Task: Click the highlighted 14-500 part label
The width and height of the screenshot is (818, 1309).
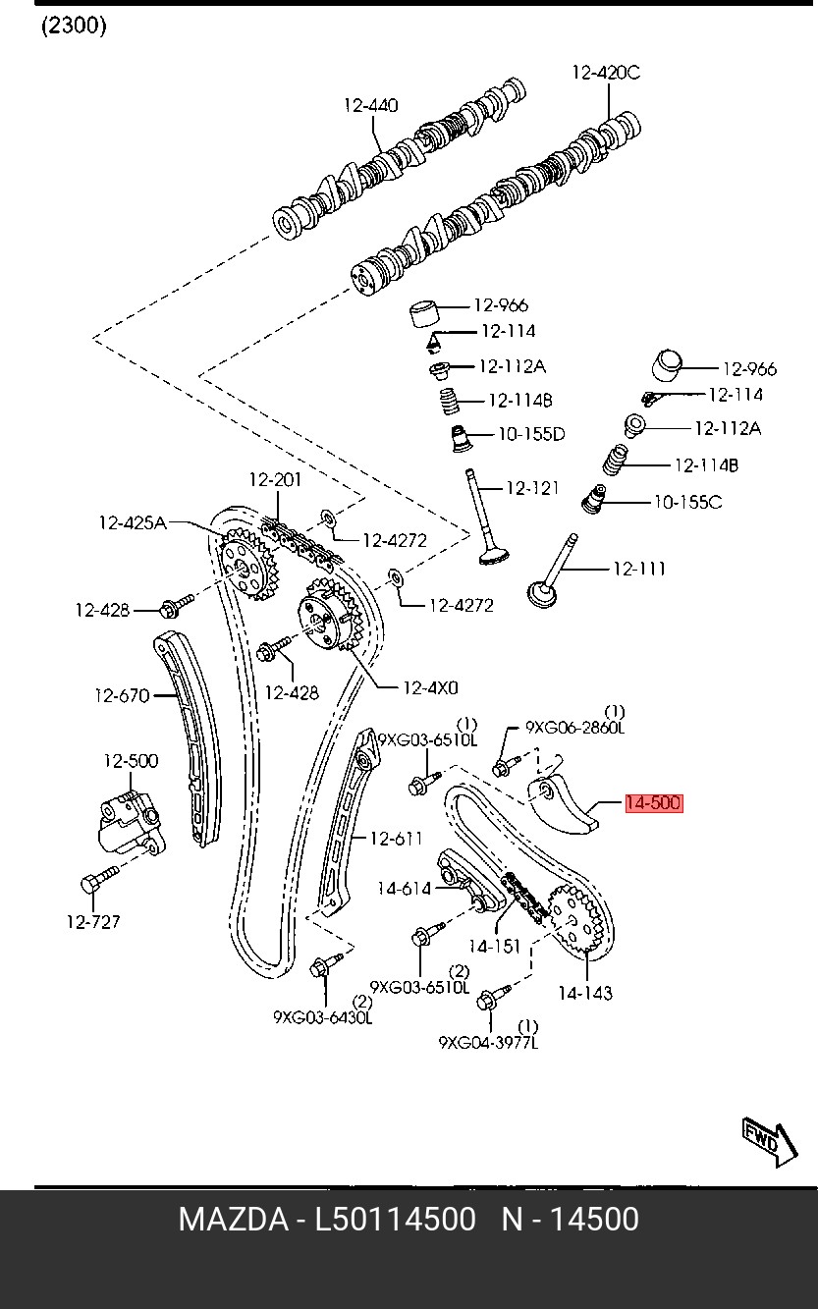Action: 653,803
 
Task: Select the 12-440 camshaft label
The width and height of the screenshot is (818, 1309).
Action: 371,105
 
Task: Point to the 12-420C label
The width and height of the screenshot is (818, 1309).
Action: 606,72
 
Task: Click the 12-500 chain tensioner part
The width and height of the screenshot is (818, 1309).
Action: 129,819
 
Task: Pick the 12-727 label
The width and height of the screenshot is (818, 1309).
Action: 93,921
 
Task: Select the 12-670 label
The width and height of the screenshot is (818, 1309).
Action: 122,696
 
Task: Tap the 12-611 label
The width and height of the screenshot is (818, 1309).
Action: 396,838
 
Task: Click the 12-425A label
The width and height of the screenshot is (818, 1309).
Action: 133,523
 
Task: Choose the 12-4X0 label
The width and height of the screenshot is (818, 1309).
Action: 431,687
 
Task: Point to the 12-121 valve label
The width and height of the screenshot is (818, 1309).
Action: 532,488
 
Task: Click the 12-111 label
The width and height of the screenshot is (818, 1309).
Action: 639,568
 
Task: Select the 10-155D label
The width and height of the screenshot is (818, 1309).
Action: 531,434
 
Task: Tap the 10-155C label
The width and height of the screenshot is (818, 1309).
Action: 688,502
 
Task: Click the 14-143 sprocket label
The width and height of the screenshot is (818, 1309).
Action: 585,992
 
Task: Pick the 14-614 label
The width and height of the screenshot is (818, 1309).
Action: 405,889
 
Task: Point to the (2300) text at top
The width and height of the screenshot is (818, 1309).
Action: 74,27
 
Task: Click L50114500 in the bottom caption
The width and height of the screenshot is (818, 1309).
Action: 395,1220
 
